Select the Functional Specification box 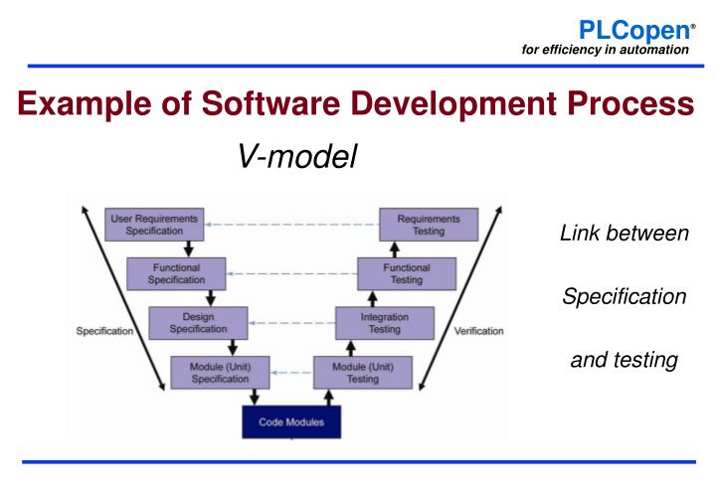[x=176, y=273]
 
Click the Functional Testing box [x=407, y=273]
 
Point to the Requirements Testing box [x=430, y=224]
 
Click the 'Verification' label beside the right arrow [x=479, y=331]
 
